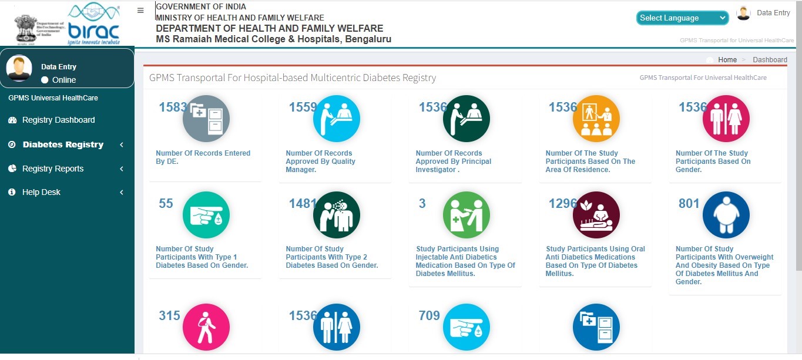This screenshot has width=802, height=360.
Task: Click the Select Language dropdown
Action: tap(682, 18)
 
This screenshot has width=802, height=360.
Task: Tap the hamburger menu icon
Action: tap(140, 11)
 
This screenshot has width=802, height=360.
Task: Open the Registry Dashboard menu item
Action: tap(58, 120)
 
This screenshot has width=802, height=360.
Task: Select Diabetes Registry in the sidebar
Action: tap(63, 144)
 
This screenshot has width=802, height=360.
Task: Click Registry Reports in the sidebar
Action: tap(53, 169)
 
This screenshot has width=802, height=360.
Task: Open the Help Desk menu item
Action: tap(41, 192)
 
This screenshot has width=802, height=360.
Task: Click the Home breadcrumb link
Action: tap(727, 60)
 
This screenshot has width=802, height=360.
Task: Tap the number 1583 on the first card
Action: tap(173, 107)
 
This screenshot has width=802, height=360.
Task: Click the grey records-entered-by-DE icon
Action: tap(206, 119)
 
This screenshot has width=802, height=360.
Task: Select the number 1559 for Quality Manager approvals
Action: tap(303, 107)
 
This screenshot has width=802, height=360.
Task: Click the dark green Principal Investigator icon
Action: tap(467, 119)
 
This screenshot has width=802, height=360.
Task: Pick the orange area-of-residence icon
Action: tap(596, 119)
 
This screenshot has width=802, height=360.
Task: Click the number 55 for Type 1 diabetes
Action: tap(166, 203)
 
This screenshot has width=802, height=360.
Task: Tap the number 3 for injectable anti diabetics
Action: tap(422, 203)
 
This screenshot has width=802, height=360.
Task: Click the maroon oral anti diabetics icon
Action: tap(596, 215)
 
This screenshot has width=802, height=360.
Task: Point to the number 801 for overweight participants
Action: tap(689, 203)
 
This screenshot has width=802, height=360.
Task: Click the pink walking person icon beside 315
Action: tap(206, 327)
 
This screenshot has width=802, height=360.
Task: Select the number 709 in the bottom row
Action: tap(429, 315)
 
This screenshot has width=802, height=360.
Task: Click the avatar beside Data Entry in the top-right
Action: tap(744, 13)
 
